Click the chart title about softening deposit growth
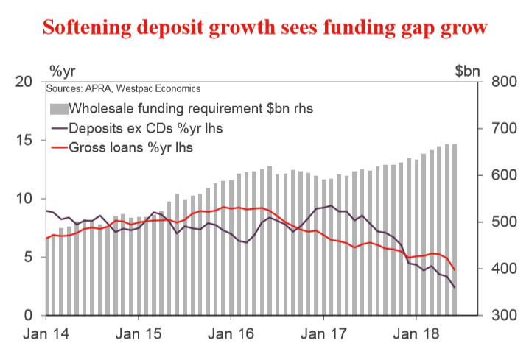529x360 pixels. pos(264,27)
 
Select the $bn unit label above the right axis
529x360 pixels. pos(468,71)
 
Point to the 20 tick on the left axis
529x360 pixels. pos(24,81)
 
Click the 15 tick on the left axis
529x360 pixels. pos(24,140)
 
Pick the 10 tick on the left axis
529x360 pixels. pos(24,199)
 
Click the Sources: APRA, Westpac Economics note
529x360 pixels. pos(122,88)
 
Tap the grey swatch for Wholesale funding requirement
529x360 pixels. pos(58,109)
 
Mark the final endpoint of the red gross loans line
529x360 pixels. pos(455,270)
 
